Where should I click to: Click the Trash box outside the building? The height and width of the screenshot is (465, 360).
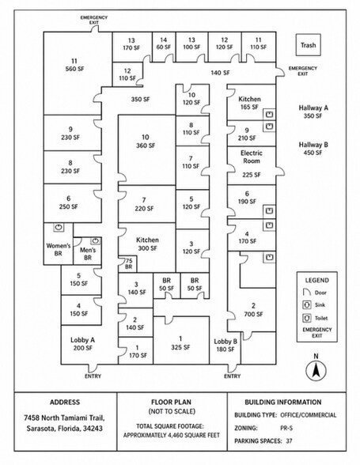click(x=308, y=45)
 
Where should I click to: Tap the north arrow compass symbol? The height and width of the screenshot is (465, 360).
click(x=316, y=370)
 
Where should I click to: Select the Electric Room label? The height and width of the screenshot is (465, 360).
click(x=252, y=157)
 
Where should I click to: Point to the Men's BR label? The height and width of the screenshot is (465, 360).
click(x=88, y=254)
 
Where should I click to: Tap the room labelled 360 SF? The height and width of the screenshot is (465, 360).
click(x=146, y=149)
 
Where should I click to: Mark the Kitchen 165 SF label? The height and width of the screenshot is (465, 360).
click(x=249, y=103)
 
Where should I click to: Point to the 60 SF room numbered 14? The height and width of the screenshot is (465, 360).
click(x=164, y=47)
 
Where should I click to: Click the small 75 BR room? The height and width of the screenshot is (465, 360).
click(x=127, y=264)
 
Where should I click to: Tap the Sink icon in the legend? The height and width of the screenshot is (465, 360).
click(x=306, y=305)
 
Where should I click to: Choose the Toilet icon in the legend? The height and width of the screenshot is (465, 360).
click(x=306, y=318)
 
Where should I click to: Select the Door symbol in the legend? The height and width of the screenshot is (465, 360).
click(x=306, y=292)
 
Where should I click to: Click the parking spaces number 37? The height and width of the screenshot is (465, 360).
click(x=289, y=441)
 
